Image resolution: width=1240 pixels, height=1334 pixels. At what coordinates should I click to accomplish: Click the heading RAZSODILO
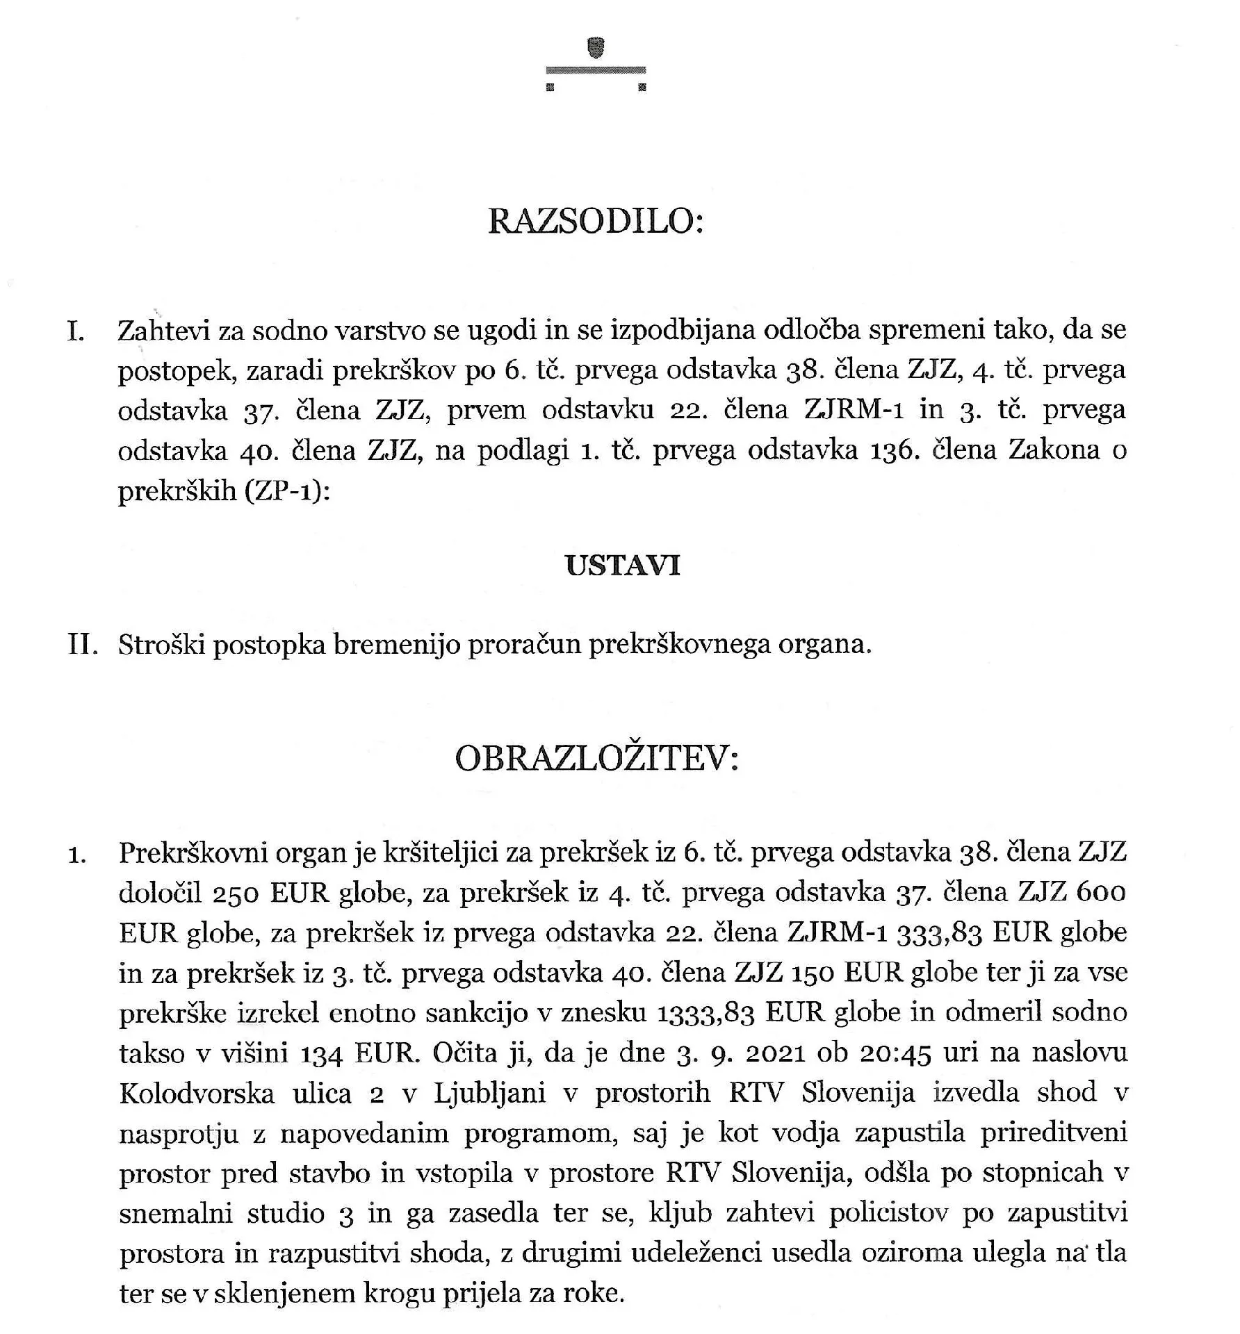tap(596, 222)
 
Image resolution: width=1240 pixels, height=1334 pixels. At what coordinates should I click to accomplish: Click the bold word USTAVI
tap(623, 566)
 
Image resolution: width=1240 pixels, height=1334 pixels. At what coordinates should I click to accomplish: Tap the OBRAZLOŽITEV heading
tap(596, 759)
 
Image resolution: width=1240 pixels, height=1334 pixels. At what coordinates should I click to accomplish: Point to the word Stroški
tap(161, 645)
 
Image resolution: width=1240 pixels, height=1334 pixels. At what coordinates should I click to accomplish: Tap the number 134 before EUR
tap(322, 1054)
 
